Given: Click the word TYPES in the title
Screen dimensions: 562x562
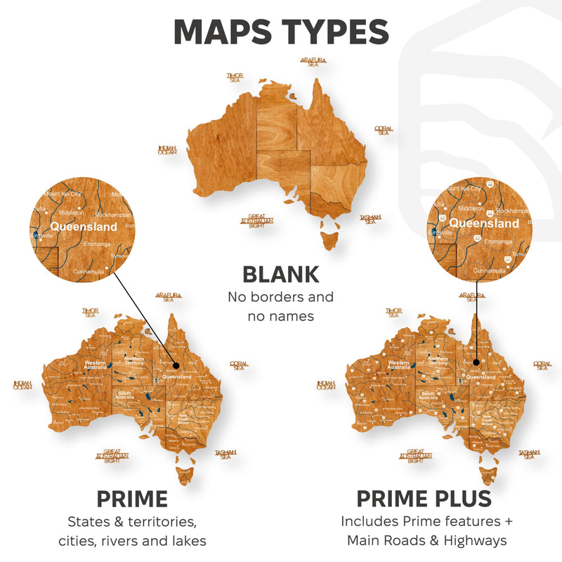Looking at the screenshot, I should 330,32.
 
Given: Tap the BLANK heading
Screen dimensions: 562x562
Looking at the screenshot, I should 281,274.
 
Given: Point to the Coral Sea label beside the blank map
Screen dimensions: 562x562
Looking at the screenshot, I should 384,131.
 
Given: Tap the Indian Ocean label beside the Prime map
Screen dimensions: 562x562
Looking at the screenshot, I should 22,385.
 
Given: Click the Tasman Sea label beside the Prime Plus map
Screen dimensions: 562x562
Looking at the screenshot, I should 528,455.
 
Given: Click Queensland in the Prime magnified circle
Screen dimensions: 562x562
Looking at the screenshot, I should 84,227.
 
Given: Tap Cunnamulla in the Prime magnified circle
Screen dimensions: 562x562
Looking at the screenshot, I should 89,270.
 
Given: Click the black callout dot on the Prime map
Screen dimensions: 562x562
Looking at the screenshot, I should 176,365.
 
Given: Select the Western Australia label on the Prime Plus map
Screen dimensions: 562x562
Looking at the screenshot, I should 399,365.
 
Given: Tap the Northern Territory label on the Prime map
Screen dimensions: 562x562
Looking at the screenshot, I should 133,360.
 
